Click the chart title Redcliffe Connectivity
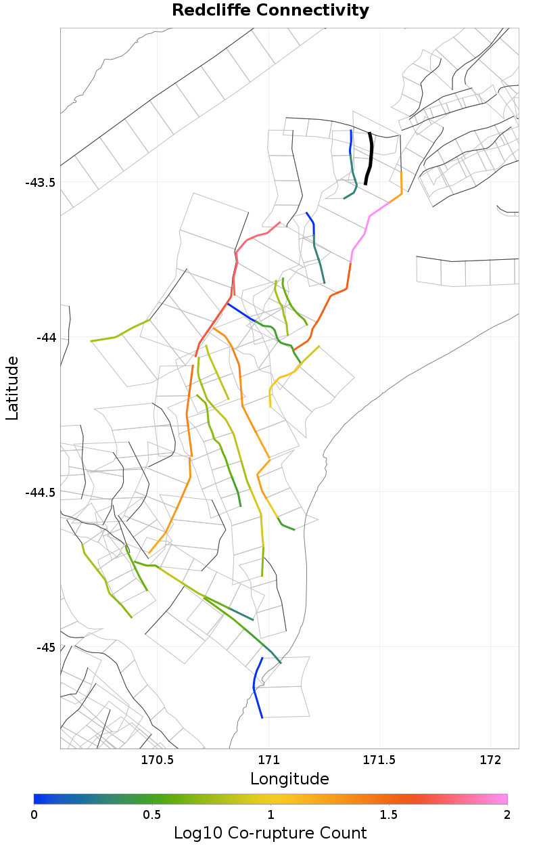(x=270, y=10)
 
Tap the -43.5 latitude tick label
(x=40, y=183)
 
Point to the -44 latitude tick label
(x=46, y=338)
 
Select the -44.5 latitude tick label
(x=40, y=493)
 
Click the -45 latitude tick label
(x=46, y=648)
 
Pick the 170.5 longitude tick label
(x=158, y=760)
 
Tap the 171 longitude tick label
(x=269, y=760)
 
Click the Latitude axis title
(x=12, y=388)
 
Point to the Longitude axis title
(x=289, y=779)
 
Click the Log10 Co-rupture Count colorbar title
(x=270, y=833)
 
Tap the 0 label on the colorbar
(x=34, y=814)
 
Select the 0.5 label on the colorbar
(x=152, y=814)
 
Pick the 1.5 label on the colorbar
(x=389, y=814)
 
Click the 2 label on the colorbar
(x=507, y=814)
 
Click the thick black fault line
(x=369, y=159)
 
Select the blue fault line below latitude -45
(x=255, y=687)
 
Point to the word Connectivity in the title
(x=317, y=10)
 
